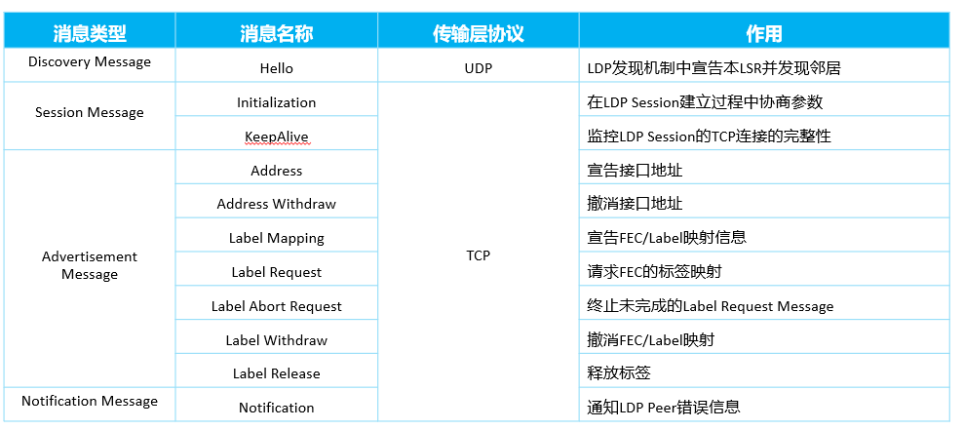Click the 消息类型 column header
(x=90, y=33)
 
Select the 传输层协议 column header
(x=479, y=33)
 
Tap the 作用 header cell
(x=763, y=33)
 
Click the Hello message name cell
(x=277, y=68)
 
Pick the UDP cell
(x=479, y=68)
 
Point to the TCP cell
(x=479, y=255)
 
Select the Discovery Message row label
(x=90, y=61)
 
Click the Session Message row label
(x=90, y=112)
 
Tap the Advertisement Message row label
(x=90, y=265)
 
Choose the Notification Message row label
(x=90, y=401)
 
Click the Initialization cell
(x=277, y=102)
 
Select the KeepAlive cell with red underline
(x=277, y=137)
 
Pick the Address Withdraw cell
(x=277, y=204)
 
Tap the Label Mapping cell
(x=277, y=238)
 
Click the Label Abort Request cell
(x=277, y=306)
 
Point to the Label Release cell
(x=277, y=373)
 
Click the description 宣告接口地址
(x=636, y=170)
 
